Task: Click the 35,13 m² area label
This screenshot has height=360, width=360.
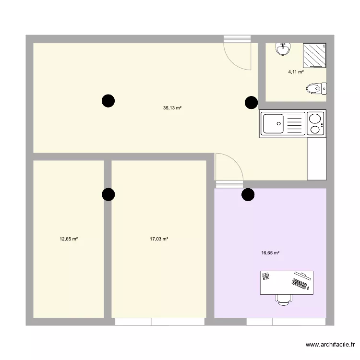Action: [x=172, y=108]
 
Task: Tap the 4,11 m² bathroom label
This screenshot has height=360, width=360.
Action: [x=296, y=72]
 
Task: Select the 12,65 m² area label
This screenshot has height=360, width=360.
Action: [x=69, y=239]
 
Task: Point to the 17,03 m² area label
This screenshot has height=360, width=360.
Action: [x=158, y=239]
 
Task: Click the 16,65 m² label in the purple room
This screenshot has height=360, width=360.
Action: [x=270, y=252]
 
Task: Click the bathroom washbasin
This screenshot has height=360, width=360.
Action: [x=282, y=48]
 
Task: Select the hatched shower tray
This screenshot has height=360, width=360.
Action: [x=314, y=54]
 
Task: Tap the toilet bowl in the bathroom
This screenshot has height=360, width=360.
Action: [x=314, y=88]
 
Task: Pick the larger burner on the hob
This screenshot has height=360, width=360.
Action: [x=315, y=118]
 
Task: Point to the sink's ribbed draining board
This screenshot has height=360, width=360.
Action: [x=295, y=123]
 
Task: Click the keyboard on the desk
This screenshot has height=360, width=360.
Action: [x=299, y=284]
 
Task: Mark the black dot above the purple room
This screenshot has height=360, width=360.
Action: [x=248, y=194]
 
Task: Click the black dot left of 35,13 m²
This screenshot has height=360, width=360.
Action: [x=108, y=101]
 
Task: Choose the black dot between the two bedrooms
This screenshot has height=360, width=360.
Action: [x=108, y=194]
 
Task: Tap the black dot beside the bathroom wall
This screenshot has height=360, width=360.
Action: [x=251, y=102]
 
